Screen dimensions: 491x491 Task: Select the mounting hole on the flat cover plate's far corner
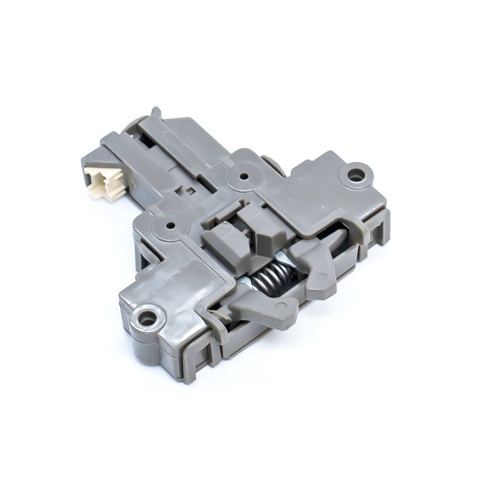click(356, 175)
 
